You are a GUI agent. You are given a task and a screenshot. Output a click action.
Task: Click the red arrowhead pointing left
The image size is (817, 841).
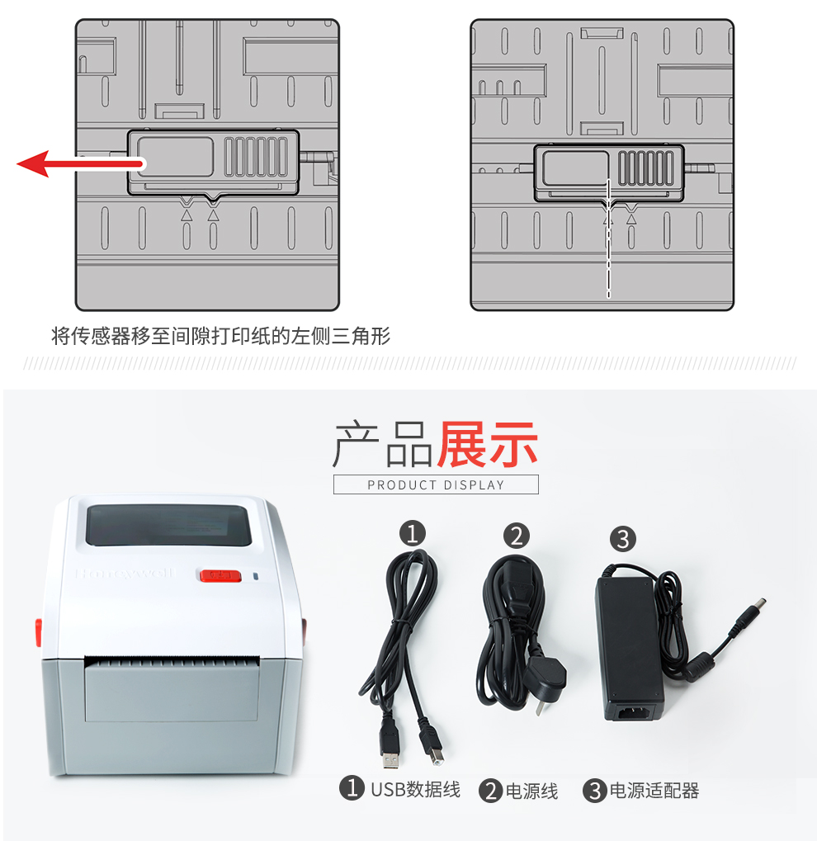[x=33, y=163]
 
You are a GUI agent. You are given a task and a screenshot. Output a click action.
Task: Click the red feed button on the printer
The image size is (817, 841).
[x=220, y=575]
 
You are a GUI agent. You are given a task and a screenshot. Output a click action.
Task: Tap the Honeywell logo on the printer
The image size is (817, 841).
[x=125, y=573]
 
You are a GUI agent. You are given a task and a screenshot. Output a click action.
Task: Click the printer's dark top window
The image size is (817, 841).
[x=169, y=525]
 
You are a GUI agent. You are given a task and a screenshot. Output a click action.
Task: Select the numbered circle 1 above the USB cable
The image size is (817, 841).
[x=412, y=534]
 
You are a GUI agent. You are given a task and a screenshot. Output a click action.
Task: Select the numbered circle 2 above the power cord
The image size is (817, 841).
[x=516, y=536]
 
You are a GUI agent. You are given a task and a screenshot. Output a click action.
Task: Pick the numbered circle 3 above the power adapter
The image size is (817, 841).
[x=622, y=539]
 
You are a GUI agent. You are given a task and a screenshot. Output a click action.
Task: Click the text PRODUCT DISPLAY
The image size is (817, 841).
[x=436, y=484]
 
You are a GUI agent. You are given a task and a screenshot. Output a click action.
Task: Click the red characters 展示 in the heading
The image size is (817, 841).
[x=487, y=445]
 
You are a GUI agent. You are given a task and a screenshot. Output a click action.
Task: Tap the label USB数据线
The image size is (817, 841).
[x=415, y=790]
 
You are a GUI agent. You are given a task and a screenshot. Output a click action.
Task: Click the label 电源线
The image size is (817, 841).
[x=531, y=791]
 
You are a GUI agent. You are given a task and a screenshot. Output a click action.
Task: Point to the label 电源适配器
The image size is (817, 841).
[x=654, y=791]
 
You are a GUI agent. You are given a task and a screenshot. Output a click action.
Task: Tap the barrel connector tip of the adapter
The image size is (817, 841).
[x=751, y=611]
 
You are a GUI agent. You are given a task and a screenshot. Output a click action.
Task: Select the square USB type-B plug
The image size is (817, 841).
[x=433, y=744]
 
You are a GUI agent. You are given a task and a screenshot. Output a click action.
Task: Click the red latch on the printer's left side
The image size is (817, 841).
[x=39, y=632]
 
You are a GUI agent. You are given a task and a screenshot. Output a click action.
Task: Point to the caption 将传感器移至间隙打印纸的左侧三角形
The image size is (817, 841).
[x=220, y=336]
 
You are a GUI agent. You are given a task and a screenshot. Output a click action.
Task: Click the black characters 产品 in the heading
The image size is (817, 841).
[x=383, y=445]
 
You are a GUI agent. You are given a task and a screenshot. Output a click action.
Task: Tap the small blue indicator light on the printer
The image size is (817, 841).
[x=255, y=577]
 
